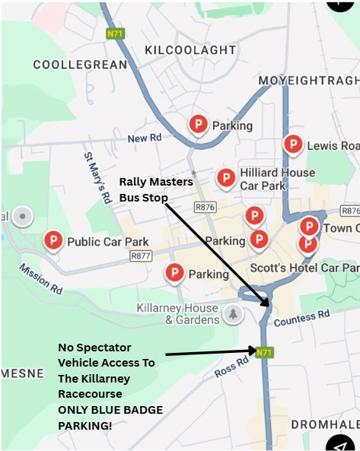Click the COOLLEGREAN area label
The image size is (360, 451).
pos(80,65)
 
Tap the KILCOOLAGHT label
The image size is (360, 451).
pos(190,50)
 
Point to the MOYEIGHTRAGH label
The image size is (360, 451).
pos(307,81)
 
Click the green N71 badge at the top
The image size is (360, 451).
pos(115,33)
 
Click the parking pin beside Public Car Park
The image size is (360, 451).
pos(53,242)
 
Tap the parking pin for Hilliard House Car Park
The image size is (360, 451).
pos(226,178)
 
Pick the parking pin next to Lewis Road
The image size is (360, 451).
pos(293,145)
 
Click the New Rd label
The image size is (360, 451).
pos(145,138)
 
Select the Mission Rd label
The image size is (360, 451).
pos(40,279)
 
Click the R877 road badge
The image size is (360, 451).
pos(141,256)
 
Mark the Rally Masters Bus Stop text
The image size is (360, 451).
pos(155,189)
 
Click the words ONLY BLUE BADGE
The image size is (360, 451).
pos(110,409)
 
